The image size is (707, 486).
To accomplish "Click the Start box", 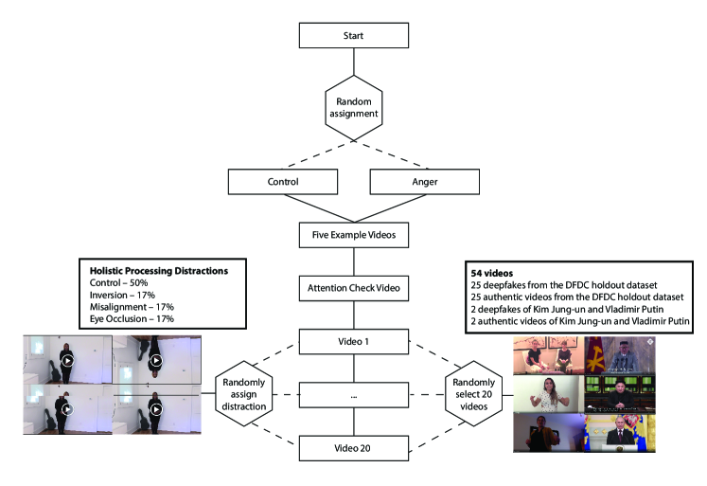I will tap(352, 36).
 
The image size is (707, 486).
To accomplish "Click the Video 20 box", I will tap(352, 445).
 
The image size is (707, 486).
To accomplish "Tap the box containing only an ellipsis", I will tap(352, 393).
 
